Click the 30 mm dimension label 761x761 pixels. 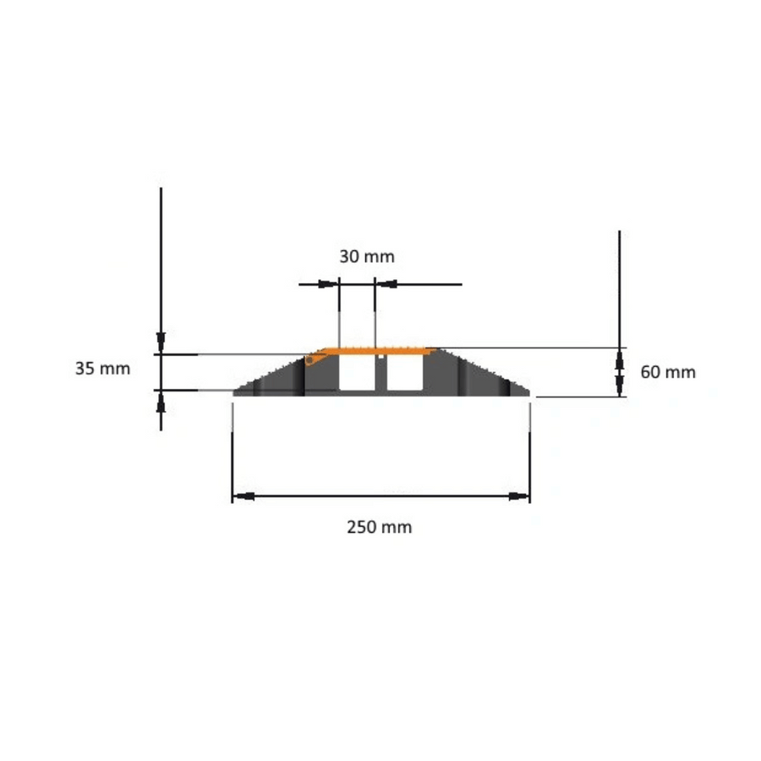[367, 256]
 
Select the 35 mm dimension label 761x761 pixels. [102, 369]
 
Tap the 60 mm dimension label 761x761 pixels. [668, 371]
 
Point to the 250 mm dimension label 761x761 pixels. [380, 527]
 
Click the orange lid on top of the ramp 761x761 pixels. [380, 350]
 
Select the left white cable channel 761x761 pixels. [357, 374]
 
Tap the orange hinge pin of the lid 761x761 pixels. [309, 360]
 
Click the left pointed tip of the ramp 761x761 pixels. [236, 391]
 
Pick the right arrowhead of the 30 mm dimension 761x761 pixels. [386, 284]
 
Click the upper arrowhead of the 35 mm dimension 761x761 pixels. [161, 343]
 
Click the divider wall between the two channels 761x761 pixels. [380, 374]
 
